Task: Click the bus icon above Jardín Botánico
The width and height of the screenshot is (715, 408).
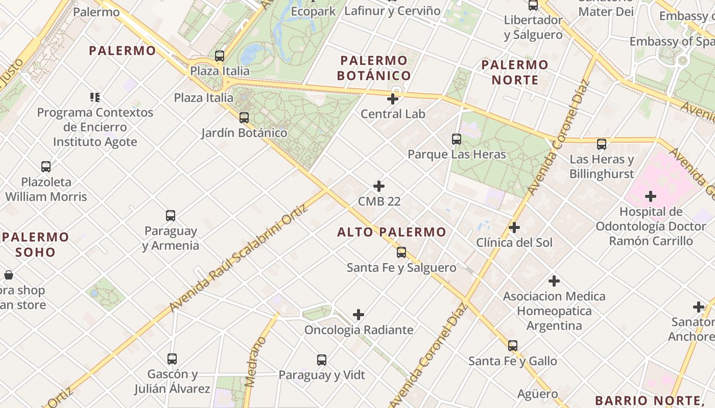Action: [244, 118]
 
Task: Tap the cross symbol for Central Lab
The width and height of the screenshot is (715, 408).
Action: [393, 99]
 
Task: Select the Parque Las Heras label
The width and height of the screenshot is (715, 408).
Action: [457, 154]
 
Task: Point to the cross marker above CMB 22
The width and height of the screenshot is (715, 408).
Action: [379, 186]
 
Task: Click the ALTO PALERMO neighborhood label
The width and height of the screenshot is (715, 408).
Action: [392, 233]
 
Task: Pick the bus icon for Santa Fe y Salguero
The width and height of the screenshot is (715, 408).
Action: [401, 252]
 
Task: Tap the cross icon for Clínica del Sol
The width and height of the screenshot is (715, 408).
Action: [514, 227]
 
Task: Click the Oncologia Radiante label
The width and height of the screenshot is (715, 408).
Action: [359, 330]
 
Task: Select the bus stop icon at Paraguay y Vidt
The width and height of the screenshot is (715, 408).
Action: [322, 360]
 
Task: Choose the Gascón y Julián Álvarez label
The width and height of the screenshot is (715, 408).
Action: [172, 381]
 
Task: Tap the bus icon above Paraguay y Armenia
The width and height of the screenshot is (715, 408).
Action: [171, 216]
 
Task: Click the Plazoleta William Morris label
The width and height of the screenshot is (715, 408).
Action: [46, 189]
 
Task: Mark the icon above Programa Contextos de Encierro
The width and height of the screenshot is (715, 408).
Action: [94, 97]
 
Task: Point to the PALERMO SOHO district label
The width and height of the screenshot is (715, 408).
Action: [35, 244]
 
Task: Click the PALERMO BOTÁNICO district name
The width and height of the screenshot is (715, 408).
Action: [374, 68]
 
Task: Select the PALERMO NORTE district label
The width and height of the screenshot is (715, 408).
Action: [515, 72]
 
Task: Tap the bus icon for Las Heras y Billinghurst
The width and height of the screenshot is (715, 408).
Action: [602, 144]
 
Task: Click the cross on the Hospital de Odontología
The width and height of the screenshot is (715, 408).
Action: [651, 196]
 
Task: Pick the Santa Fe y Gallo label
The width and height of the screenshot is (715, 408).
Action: [513, 361]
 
